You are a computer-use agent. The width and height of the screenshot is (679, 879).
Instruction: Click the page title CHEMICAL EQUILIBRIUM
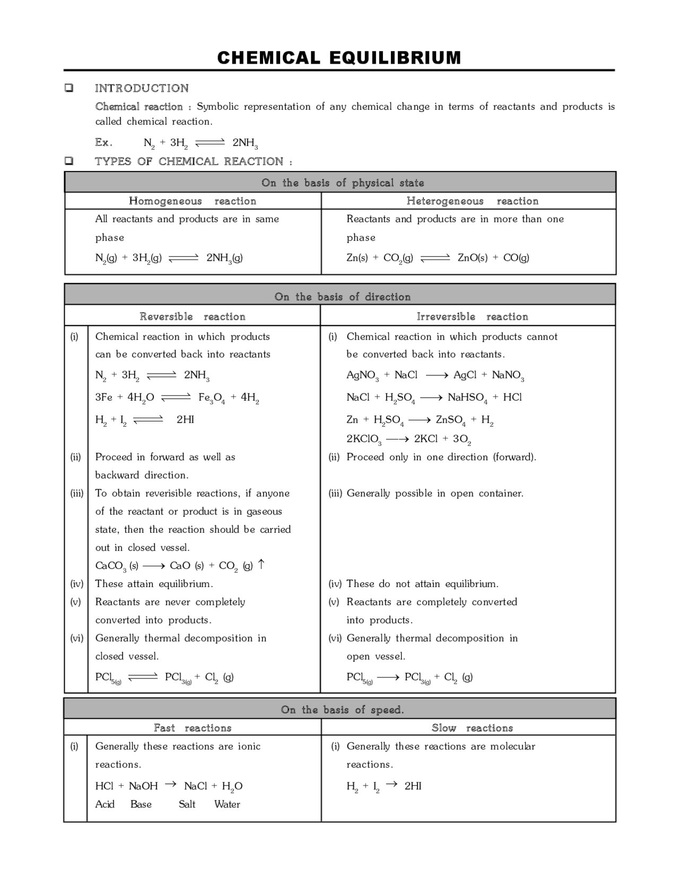coord(339,57)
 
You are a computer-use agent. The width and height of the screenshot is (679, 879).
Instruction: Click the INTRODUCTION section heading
coord(142,88)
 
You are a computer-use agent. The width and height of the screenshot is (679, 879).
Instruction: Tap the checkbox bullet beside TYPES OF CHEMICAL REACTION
coord(69,161)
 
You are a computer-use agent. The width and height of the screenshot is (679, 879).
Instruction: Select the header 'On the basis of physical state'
coord(342,183)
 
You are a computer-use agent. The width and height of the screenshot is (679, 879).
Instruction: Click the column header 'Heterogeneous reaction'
coord(472,201)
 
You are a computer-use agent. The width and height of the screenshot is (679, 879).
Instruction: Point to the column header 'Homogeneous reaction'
coord(193,201)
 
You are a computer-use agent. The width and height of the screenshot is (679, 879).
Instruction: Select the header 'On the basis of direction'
coord(342,297)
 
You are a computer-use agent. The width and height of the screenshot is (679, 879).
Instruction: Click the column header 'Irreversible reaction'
coord(472,317)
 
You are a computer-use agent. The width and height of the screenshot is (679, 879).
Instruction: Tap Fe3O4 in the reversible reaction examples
coord(211,398)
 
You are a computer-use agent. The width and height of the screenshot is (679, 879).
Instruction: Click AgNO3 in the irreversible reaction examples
coord(362,375)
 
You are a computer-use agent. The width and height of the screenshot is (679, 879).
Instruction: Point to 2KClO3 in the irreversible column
coord(364,439)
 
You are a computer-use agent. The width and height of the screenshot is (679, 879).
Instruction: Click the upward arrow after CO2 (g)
coord(261,564)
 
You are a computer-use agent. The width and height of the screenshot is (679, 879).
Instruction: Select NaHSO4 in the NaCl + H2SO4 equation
coord(467,398)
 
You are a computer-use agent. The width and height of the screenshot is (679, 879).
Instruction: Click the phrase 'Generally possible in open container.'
coord(435,493)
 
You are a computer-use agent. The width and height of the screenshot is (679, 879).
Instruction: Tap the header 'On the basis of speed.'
coord(342,710)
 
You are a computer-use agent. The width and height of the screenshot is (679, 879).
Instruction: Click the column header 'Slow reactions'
coord(472,728)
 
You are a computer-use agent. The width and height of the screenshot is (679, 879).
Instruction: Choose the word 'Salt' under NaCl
coord(187,804)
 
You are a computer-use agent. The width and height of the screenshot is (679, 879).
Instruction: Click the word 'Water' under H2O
coord(227,804)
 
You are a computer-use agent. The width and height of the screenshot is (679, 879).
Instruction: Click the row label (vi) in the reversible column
coord(76,638)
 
